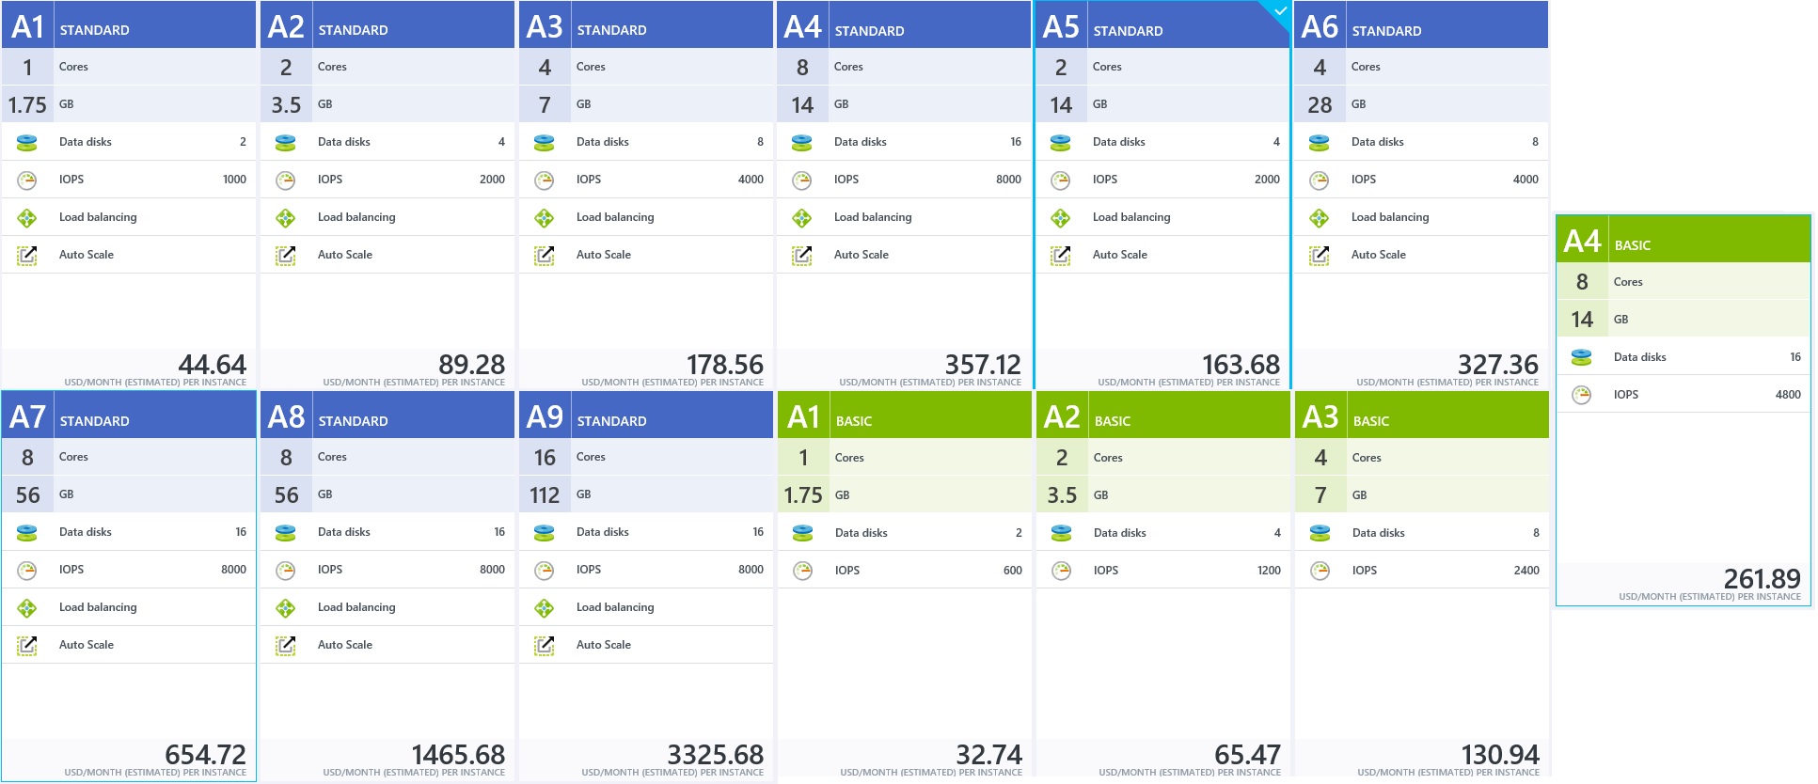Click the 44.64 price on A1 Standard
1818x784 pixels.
coord(212,365)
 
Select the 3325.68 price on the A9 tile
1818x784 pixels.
coord(715,755)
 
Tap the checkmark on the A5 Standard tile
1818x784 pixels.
coord(1279,11)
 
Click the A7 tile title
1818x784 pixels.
coord(27,416)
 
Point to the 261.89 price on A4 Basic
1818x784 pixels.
coord(1762,578)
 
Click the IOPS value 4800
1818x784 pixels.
coord(1787,395)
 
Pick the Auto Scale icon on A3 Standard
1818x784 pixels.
coord(544,255)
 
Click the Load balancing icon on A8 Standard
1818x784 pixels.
coord(285,608)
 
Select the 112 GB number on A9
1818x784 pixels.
coord(545,495)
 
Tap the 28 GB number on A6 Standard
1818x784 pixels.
coord(1320,105)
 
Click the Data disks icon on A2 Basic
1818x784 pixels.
coord(1061,533)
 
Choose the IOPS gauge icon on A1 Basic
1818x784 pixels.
coord(802,571)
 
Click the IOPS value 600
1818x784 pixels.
coord(1012,571)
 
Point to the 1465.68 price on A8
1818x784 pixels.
coord(458,755)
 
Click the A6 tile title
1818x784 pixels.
coord(1320,26)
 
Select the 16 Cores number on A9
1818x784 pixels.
coord(545,458)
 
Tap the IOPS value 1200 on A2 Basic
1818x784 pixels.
coord(1268,571)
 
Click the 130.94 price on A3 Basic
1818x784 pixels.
coord(1499,755)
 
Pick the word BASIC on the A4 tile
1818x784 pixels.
coord(1632,245)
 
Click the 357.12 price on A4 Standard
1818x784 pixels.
coord(982,365)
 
